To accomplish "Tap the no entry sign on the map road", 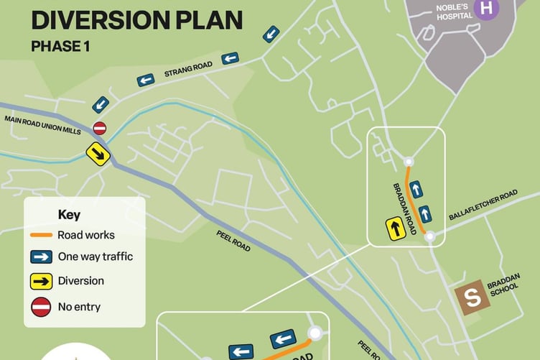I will point(100,128).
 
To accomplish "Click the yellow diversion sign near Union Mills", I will point(98,154).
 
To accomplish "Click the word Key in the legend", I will point(69,215).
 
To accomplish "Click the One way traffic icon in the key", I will point(42,257).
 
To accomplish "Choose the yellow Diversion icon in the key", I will point(42,281).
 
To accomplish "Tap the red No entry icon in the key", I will point(42,307).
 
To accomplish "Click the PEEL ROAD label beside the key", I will point(233,241).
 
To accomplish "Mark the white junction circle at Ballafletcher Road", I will point(429,236).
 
